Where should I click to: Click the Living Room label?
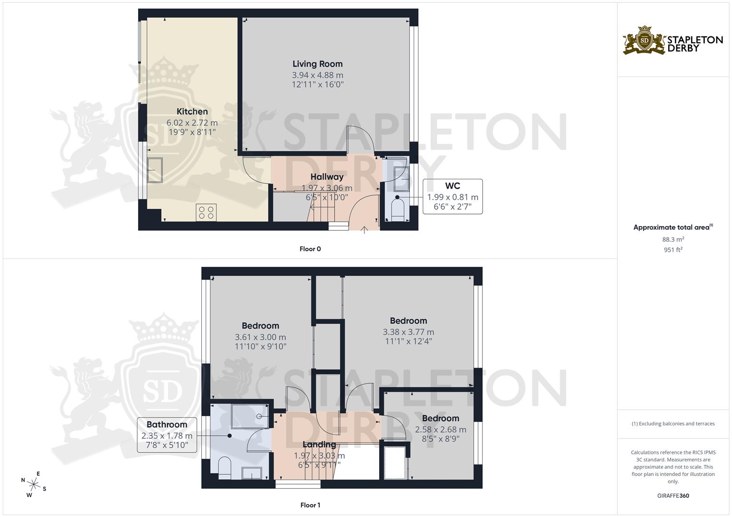(x=317, y=64)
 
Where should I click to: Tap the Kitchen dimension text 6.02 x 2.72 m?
(x=192, y=123)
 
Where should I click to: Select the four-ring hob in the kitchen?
(x=206, y=213)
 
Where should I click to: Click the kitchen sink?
(x=155, y=170)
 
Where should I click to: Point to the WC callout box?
(x=452, y=196)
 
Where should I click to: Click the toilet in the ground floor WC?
(x=398, y=211)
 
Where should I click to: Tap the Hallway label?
(x=326, y=177)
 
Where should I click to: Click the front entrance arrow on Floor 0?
(x=364, y=230)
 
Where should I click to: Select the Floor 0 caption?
(x=310, y=249)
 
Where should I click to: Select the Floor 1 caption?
(x=310, y=505)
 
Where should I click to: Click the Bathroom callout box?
(x=166, y=435)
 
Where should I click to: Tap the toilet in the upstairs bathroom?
(x=224, y=467)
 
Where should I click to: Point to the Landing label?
(x=319, y=444)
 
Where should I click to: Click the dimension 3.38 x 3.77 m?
(x=408, y=332)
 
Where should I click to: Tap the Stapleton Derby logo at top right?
(x=673, y=41)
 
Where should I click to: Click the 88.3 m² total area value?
(x=673, y=239)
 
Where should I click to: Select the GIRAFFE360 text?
(x=673, y=495)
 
